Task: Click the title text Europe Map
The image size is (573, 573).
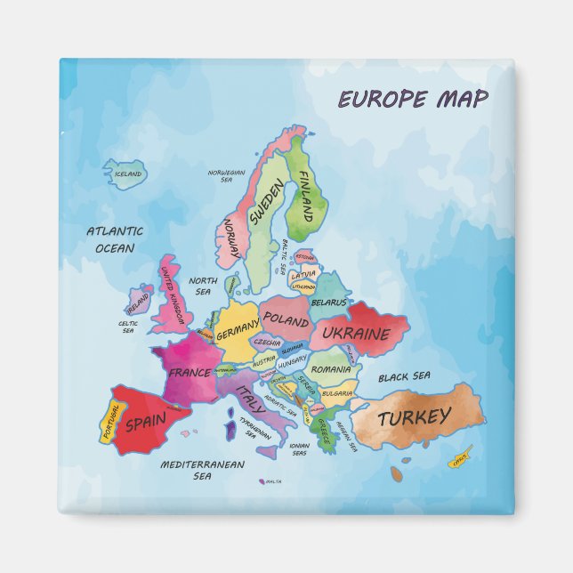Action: click(412, 99)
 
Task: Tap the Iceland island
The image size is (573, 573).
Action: click(125, 174)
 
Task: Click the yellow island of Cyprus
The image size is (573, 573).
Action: click(459, 461)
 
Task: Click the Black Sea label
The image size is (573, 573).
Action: click(404, 376)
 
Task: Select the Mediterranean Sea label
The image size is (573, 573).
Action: click(202, 470)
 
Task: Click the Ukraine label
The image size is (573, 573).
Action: click(356, 335)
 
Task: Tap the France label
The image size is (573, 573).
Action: click(190, 372)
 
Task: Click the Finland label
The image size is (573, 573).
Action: click(304, 196)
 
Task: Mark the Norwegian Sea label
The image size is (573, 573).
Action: click(226, 175)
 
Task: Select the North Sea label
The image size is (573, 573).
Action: click(203, 286)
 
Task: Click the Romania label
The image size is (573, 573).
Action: click(331, 368)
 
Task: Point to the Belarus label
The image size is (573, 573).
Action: click(328, 303)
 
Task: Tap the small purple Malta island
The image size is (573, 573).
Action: click(262, 481)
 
